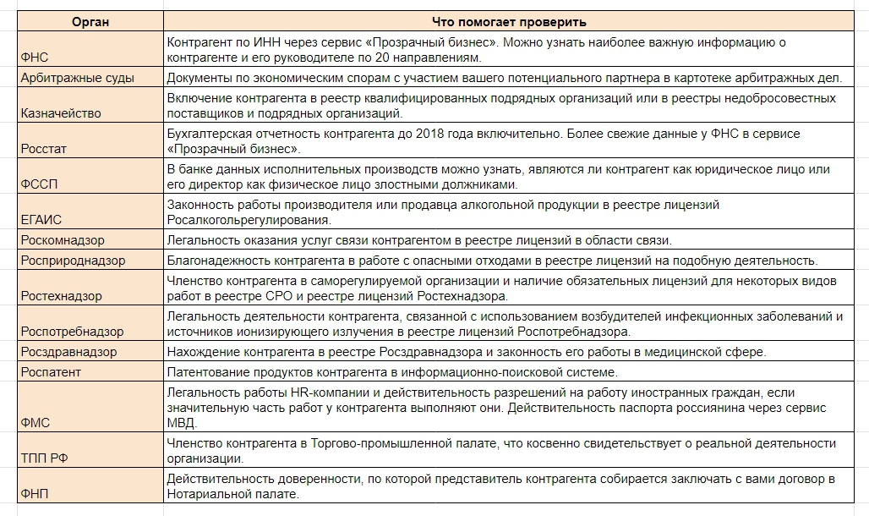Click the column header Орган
90,21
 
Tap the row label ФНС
35,58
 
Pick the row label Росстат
44,149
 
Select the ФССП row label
39,184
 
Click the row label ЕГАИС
41,220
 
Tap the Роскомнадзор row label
63,240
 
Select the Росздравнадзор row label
68,352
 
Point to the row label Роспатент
53,372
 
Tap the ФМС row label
36,421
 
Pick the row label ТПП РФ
43,458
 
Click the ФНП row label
36,493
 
